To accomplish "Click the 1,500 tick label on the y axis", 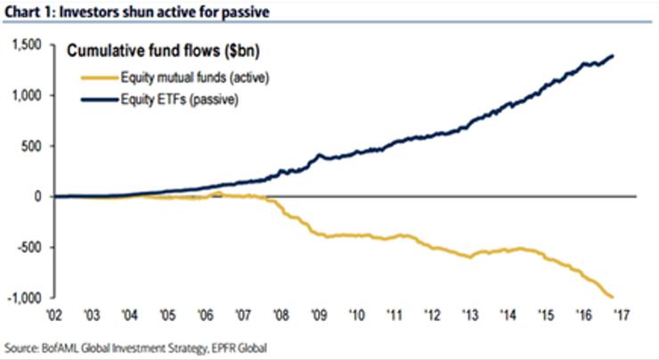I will (28, 45).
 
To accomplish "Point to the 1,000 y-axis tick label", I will (28, 95).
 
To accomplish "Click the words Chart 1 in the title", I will (24, 12).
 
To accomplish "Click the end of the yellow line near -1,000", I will (613, 297).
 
